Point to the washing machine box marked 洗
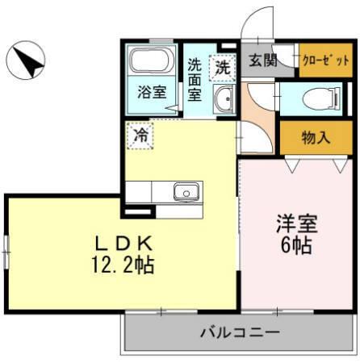[x=222, y=67]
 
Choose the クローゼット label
[x=325, y=61]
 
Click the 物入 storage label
[x=316, y=137]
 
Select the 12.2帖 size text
[x=123, y=263]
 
